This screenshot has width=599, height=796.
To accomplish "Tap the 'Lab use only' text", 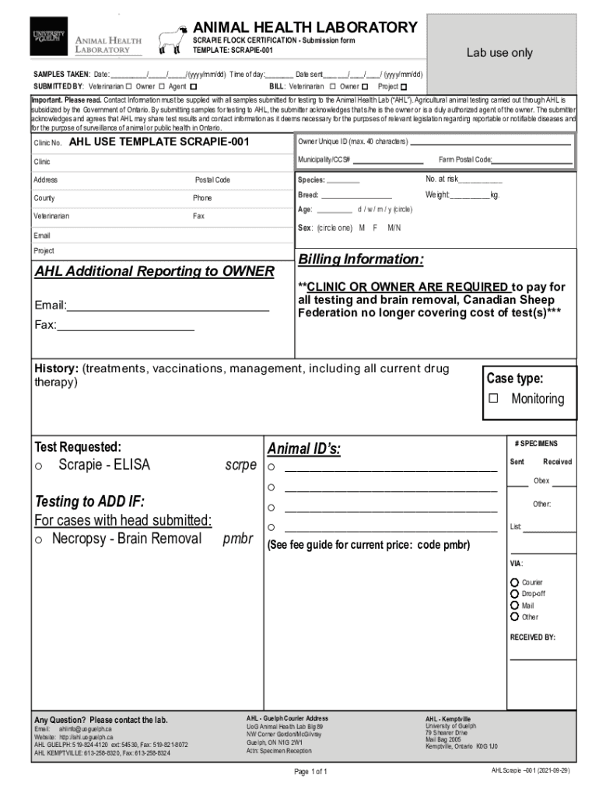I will coord(499,53).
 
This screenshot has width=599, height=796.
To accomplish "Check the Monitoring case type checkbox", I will coord(492,399).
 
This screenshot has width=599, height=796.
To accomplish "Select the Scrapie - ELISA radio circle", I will coord(37,466).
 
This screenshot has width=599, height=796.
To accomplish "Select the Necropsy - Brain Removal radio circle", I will coord(37,539).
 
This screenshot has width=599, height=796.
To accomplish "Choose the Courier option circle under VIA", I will coord(514,582).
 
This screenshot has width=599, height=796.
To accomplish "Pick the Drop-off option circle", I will coord(514,593).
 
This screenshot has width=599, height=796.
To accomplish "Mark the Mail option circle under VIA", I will coord(514,605).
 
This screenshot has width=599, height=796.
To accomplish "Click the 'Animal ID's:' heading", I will coord(304,449).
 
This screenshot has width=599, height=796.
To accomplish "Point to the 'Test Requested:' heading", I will coord(78,447).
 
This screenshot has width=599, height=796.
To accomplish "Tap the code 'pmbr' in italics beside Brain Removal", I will coord(238,539).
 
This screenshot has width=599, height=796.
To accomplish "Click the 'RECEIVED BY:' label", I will coord(533,637).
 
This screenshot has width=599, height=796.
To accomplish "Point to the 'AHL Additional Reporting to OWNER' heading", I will coord(154,271).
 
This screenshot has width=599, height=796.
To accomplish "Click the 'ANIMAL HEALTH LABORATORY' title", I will coord(305,27).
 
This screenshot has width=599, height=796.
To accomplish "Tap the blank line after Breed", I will coord(356,195).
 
